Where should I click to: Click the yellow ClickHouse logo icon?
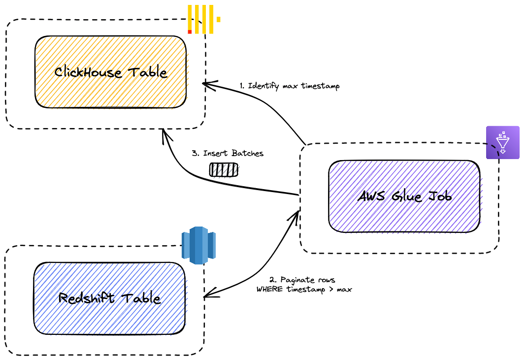click(x=203, y=19)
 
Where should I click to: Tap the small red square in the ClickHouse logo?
click(x=190, y=32)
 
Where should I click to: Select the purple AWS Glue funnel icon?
click(x=503, y=142)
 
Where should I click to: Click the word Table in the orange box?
click(x=148, y=72)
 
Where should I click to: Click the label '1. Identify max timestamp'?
click(x=289, y=86)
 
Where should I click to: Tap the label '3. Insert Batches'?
click(x=227, y=153)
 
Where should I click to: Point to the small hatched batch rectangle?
click(x=224, y=170)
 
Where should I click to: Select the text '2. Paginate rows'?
click(x=302, y=280)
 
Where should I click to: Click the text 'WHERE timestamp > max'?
click(x=304, y=289)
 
